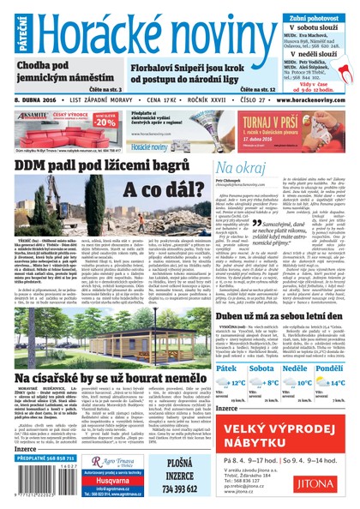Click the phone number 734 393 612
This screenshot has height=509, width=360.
(x=179, y=489)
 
